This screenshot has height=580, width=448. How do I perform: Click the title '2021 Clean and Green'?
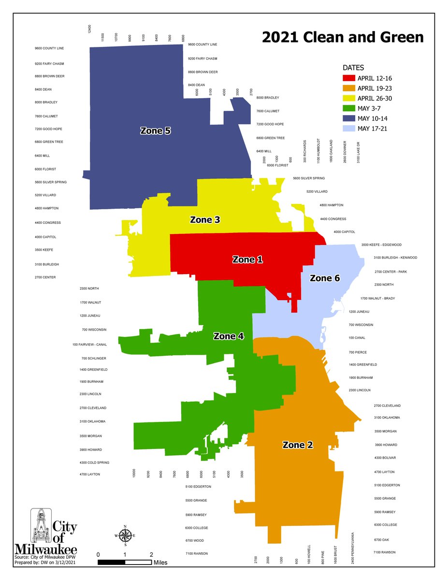343,37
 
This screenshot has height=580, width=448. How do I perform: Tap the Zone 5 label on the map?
155,130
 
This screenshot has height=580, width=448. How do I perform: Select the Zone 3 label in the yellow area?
205,220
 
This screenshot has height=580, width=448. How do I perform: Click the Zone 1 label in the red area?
247,260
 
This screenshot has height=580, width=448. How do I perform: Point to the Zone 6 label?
328,278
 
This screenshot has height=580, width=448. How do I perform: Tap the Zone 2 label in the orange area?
297,445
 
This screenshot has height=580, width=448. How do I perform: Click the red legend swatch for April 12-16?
349,78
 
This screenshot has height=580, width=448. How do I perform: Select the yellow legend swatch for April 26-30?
349,98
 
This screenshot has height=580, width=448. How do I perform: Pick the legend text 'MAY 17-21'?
373,129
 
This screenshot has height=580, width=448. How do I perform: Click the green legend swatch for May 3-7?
349,108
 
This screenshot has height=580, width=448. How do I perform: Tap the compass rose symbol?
125,536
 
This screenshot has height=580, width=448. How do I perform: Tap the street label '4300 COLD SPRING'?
94,463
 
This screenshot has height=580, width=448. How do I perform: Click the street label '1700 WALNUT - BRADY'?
377,298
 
